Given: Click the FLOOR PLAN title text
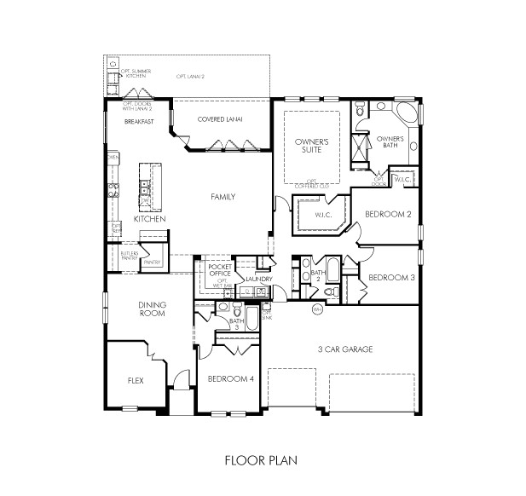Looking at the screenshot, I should click(260, 461).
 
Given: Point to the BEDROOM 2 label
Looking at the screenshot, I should click(388, 214).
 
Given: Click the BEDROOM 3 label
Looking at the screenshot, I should click(391, 278).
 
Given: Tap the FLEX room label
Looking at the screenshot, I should click(135, 381).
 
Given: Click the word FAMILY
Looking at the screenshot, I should click(223, 197).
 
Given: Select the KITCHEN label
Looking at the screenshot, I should click(149, 219).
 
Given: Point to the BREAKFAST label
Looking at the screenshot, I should click(139, 122).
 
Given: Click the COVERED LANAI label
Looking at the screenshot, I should click(220, 120).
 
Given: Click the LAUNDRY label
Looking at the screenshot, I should click(257, 279).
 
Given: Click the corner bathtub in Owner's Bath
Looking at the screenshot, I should click(408, 115).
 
